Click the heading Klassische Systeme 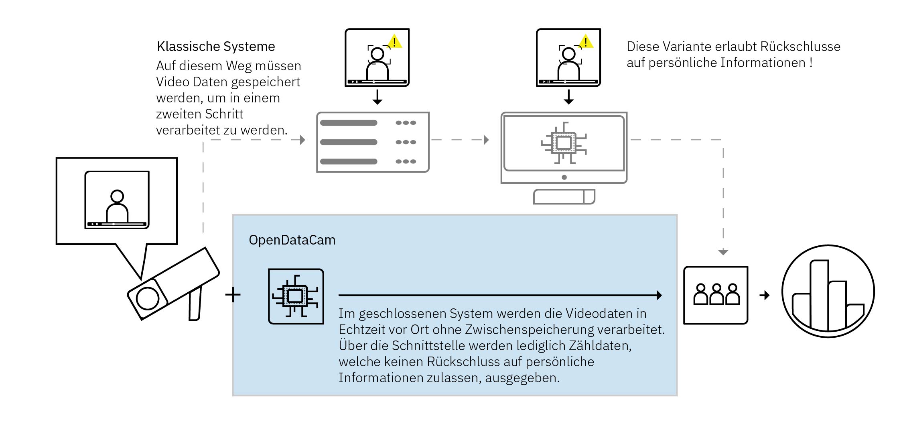pyautogui.click(x=216, y=47)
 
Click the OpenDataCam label pyautogui.click(x=292, y=240)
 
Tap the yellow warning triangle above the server pyautogui.click(x=394, y=42)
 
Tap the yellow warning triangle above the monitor pyautogui.click(x=586, y=42)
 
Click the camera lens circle pyautogui.click(x=147, y=299)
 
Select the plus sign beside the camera pyautogui.click(x=233, y=295)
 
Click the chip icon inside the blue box pyautogui.click(x=296, y=296)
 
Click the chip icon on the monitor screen pyautogui.click(x=564, y=143)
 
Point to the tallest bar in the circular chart pyautogui.click(x=819, y=295)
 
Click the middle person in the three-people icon pyautogui.click(x=716, y=295)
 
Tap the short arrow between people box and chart pyautogui.click(x=765, y=295)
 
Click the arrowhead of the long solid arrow pyautogui.click(x=659, y=295)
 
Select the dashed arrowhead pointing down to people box pyautogui.click(x=723, y=252)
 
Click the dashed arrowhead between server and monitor pyautogui.click(x=486, y=140)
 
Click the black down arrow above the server pyautogui.click(x=377, y=97)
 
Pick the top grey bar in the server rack pyautogui.click(x=348, y=123)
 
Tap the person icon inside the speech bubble pyautogui.click(x=117, y=206)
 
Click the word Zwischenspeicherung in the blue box pyautogui.click(x=530, y=330)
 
